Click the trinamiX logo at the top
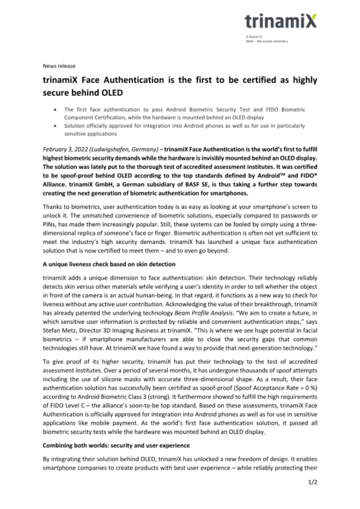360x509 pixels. pyautogui.click(x=281, y=20)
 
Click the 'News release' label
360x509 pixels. pyautogui.click(x=59, y=66)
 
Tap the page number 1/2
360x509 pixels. pyautogui.click(x=313, y=482)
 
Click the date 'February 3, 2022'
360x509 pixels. pyautogui.click(x=65, y=150)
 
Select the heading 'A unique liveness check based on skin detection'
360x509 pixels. pyautogui.click(x=109, y=264)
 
